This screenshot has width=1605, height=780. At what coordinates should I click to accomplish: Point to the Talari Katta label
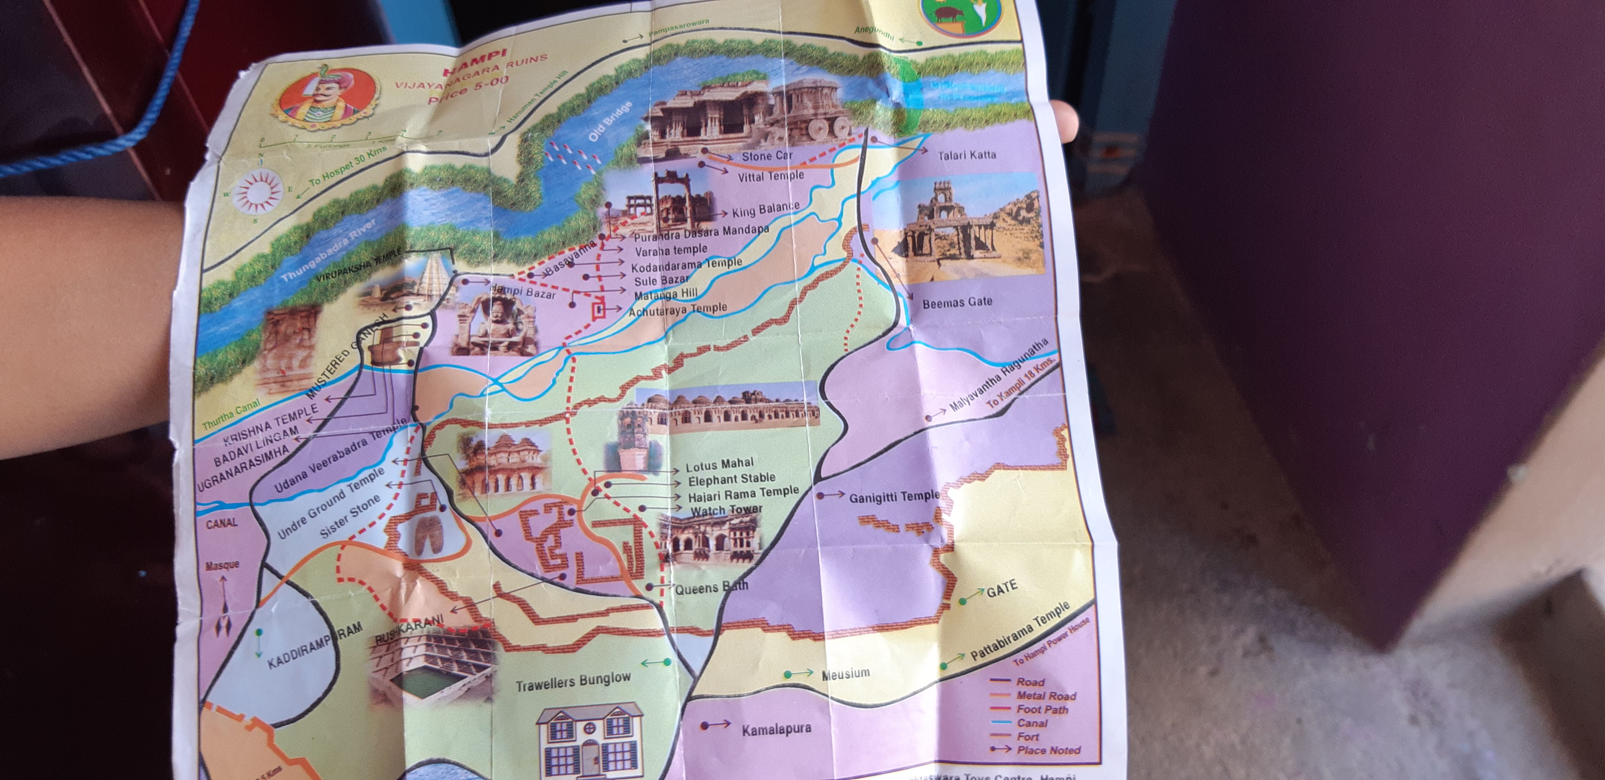966,155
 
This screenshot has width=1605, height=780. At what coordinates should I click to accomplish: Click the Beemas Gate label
957,303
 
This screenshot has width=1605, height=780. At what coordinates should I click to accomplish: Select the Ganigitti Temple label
893,497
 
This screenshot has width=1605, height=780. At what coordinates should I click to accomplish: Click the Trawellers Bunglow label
573,681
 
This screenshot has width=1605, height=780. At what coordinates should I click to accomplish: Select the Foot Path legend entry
1042,710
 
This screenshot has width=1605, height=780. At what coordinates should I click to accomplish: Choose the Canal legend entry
1032,723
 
